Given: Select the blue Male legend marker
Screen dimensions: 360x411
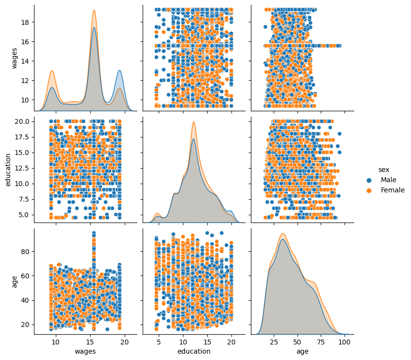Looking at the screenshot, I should pyautogui.click(x=370, y=180).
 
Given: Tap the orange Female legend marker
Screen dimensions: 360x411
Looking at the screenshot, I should pyautogui.click(x=370, y=190).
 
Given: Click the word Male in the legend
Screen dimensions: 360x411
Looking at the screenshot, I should pyautogui.click(x=389, y=180).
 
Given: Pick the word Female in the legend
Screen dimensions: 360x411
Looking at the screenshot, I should pyautogui.click(x=393, y=190).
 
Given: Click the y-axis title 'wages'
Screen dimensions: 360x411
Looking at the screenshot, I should pyautogui.click(x=14, y=58).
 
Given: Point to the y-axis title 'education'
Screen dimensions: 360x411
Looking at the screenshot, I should pyautogui.click(x=8, y=170).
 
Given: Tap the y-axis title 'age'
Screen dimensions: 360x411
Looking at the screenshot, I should pyautogui.click(x=14, y=281).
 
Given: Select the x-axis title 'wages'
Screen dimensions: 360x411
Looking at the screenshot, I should pyautogui.click(x=85, y=351).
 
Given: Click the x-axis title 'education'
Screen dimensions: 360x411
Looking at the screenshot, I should pyautogui.click(x=194, y=351).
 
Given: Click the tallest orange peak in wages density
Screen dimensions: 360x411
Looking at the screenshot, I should pyautogui.click(x=94, y=11).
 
